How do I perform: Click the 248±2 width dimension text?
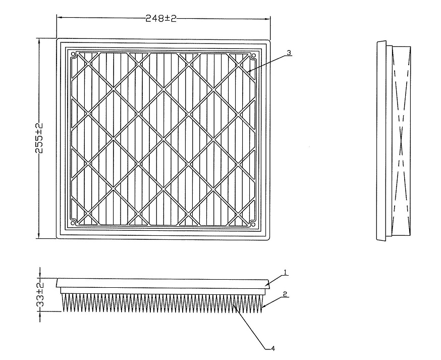tap(161, 19)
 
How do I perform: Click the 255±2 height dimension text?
tap(39, 138)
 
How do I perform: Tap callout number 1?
tap(285, 272)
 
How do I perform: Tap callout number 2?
tap(285, 294)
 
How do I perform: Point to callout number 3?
tap(289, 53)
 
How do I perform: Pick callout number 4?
tap(272, 348)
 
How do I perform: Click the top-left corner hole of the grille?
tap(73, 54)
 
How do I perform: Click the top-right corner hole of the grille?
tap(253, 54)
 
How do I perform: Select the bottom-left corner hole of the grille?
tap(73, 223)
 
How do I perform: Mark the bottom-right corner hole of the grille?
tap(253, 224)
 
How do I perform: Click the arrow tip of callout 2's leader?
tap(262, 307)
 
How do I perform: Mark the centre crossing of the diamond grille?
tap(163, 138)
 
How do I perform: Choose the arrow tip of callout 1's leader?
tap(265, 286)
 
